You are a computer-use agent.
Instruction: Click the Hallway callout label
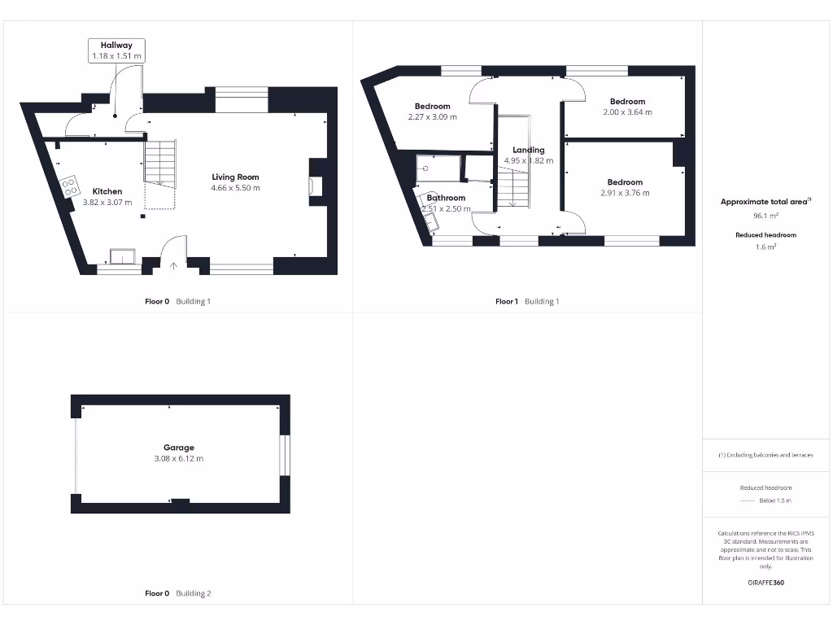pos(116,50)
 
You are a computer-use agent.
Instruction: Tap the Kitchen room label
pos(107,191)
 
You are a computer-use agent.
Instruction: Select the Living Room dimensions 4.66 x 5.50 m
pos(235,188)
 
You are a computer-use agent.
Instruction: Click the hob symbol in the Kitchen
pos(69,186)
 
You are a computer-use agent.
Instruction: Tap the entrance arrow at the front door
pos(173,265)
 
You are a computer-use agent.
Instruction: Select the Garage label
pos(178,448)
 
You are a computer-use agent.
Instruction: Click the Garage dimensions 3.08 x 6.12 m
pos(178,459)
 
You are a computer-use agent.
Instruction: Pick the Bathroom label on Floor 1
pos(446,198)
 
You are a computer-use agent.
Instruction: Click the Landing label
pos(528,150)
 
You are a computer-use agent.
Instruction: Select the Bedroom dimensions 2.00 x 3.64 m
pos(627,112)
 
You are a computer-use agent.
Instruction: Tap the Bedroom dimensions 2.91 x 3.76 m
pos(625,194)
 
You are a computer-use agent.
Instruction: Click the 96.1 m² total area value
pos(765,216)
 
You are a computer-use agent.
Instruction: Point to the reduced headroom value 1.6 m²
pos(765,247)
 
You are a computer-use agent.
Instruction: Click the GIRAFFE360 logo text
pos(765,583)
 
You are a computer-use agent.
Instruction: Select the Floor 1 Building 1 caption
pos(527,301)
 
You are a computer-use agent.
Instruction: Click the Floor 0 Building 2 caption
pos(177,593)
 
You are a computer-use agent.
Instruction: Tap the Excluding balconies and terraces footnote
pos(765,455)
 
